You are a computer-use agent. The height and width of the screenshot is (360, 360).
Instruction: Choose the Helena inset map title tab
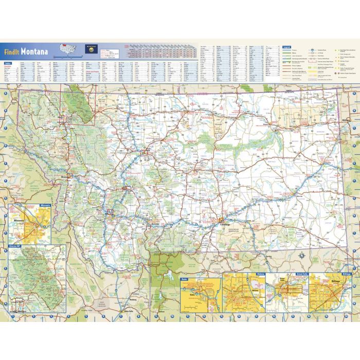click(259, 274)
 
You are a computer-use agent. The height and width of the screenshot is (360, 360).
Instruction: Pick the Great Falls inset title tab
click(302, 274)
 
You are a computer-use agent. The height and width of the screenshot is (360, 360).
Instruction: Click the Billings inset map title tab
click(346, 274)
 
